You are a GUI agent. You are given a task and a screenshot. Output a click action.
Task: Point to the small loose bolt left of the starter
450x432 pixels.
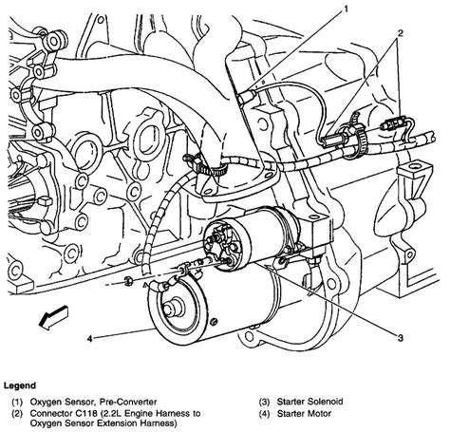click(x=127, y=281)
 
